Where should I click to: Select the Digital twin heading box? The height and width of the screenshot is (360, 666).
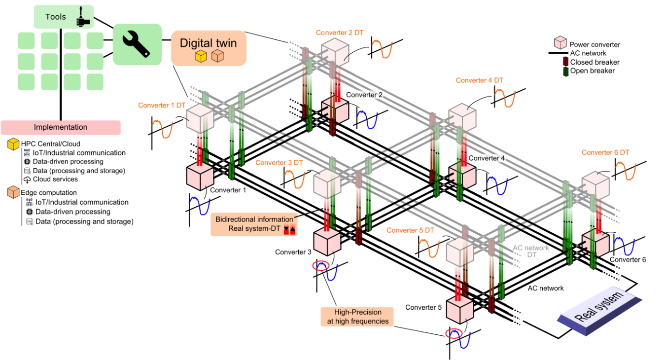click(208, 48)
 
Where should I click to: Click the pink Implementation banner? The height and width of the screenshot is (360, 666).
click(61, 127)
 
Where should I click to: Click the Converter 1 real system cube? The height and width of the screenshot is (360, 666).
click(199, 177)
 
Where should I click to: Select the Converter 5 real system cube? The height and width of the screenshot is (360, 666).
click(459, 309)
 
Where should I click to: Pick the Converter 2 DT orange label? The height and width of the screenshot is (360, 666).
click(340, 33)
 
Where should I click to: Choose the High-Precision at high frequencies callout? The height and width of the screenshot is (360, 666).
click(357, 317)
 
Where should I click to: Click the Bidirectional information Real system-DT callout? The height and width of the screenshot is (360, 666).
click(254, 224)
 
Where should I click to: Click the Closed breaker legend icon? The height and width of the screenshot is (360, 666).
click(565, 62)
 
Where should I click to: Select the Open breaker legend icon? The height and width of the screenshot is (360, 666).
click(565, 71)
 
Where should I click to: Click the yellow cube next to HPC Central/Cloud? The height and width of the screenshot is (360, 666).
click(13, 144)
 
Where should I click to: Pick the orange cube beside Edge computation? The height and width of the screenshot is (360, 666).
click(13, 193)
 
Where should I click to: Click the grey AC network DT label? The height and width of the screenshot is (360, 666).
click(531, 252)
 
